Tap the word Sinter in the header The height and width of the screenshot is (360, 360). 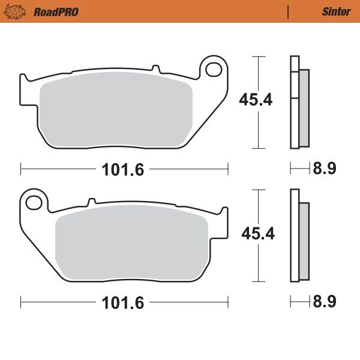(x=336, y=11)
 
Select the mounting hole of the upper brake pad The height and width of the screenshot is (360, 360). (x=213, y=70)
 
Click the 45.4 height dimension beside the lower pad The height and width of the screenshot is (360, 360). (x=257, y=233)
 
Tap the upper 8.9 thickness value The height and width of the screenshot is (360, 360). (x=323, y=169)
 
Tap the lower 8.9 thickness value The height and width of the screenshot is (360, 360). (x=323, y=302)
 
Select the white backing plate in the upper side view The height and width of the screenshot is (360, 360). (x=294, y=102)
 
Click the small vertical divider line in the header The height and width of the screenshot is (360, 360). (x=288, y=11)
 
